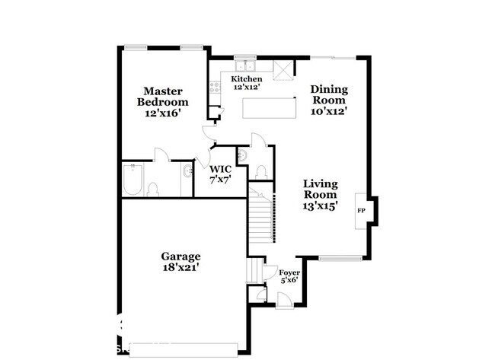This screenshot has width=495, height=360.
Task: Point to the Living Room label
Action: click(321, 194)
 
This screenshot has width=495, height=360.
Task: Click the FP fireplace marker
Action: click(361, 211)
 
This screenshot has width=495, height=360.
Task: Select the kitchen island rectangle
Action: click(269, 107)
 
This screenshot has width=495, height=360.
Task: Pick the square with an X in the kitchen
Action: click(283, 72)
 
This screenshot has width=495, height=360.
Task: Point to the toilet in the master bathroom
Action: click(152, 188)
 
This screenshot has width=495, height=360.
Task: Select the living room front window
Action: click(340, 260)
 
